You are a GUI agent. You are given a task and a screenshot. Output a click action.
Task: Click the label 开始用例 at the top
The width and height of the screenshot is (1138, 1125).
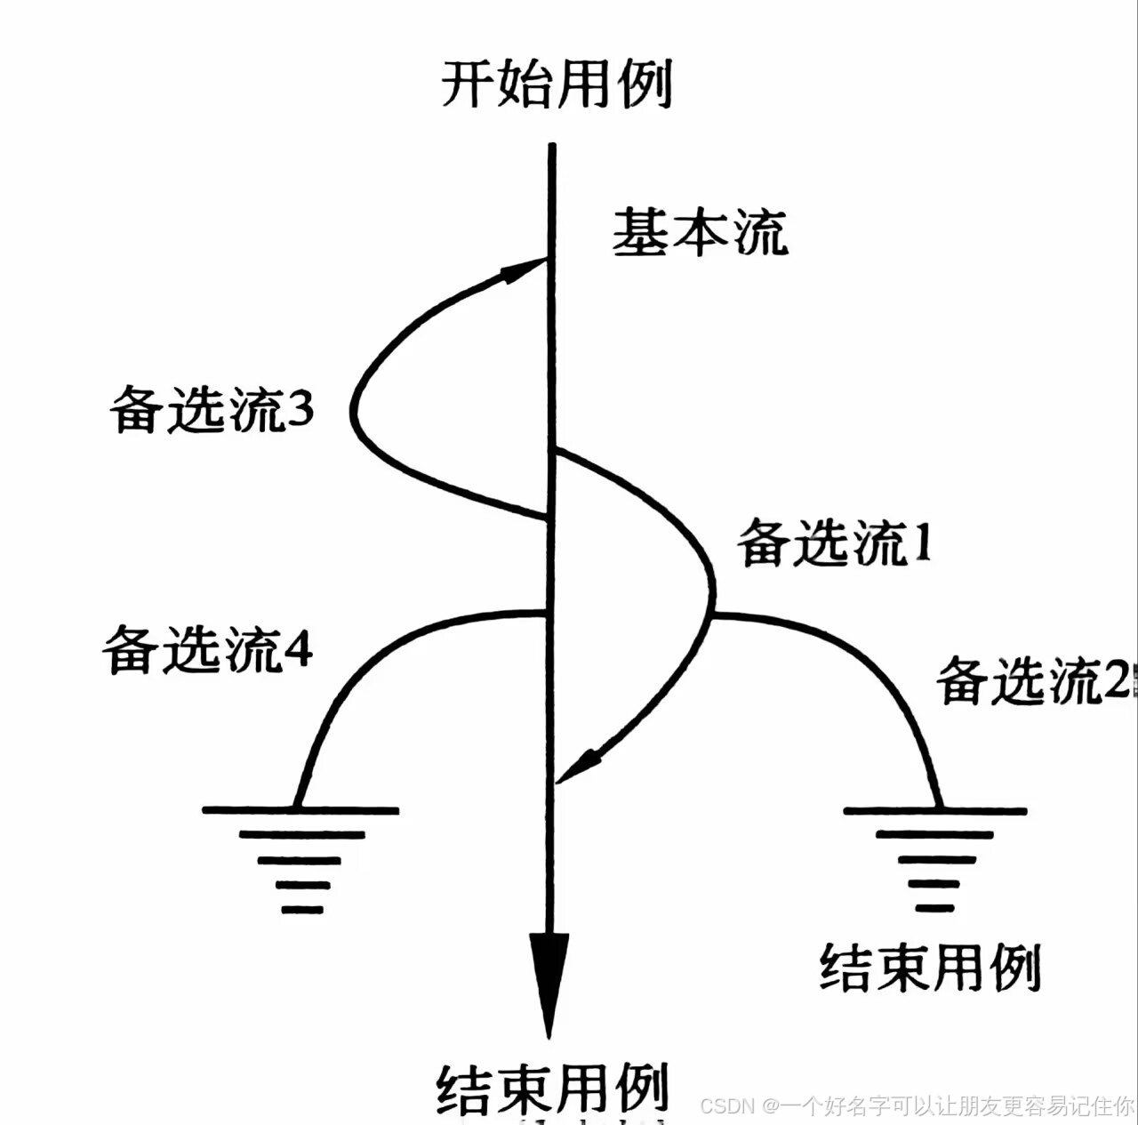tap(557, 84)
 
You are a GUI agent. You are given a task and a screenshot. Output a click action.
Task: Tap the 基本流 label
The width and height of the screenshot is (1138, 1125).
tap(700, 233)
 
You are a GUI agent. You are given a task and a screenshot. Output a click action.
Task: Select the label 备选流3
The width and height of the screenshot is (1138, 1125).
tap(212, 411)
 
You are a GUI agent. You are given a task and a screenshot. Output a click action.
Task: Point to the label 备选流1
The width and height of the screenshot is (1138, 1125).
tap(835, 542)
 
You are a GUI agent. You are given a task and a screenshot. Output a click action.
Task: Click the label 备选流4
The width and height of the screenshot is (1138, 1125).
tap(207, 649)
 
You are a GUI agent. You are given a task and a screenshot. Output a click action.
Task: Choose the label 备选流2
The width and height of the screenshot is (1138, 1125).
tap(1032, 682)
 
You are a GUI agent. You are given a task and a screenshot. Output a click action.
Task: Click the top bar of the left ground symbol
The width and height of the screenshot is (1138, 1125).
tap(301, 810)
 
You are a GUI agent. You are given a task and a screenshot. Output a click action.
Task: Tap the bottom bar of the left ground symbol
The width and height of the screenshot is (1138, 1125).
tap(302, 910)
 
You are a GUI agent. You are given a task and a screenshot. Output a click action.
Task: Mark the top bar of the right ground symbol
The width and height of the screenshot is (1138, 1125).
tap(935, 811)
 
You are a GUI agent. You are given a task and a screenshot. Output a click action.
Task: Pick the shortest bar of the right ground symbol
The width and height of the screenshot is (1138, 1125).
tap(934, 908)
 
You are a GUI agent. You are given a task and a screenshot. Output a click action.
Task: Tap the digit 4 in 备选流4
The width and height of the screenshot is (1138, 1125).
tap(298, 650)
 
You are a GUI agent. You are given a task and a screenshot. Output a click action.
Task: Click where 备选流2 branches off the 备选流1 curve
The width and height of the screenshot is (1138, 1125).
tap(711, 614)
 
